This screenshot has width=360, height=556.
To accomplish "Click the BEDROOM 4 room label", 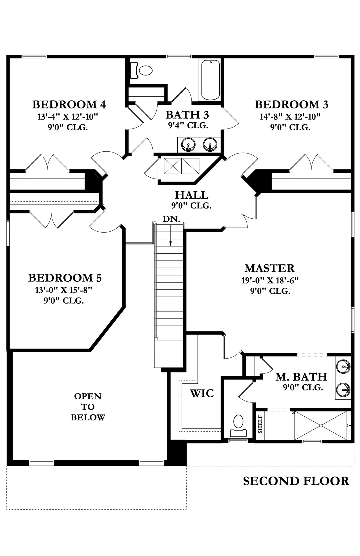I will pos(69,105).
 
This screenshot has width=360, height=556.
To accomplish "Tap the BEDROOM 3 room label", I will pos(291,105).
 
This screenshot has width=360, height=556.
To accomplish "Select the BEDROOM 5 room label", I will pos(65,278).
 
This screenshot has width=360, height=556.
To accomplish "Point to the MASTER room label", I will pos(269,268).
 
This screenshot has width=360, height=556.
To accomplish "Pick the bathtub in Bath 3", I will pos(210,80).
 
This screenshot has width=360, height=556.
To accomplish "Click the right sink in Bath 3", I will pos(210,145).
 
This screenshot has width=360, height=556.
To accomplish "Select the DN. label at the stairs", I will pos(171,219).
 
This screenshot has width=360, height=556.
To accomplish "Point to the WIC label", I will pos(201,394).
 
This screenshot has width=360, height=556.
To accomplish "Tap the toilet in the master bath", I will pos(238,424).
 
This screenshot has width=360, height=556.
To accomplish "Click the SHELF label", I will pos(260,424).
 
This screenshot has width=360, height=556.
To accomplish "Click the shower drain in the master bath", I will pos(321,425).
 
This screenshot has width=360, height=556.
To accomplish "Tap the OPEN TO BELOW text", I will pos(88,407).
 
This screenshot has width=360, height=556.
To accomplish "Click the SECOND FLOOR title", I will pos(296,481).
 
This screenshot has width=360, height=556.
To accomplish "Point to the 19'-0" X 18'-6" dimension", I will pos(270,280).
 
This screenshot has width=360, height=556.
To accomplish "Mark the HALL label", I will pos(191,195).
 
